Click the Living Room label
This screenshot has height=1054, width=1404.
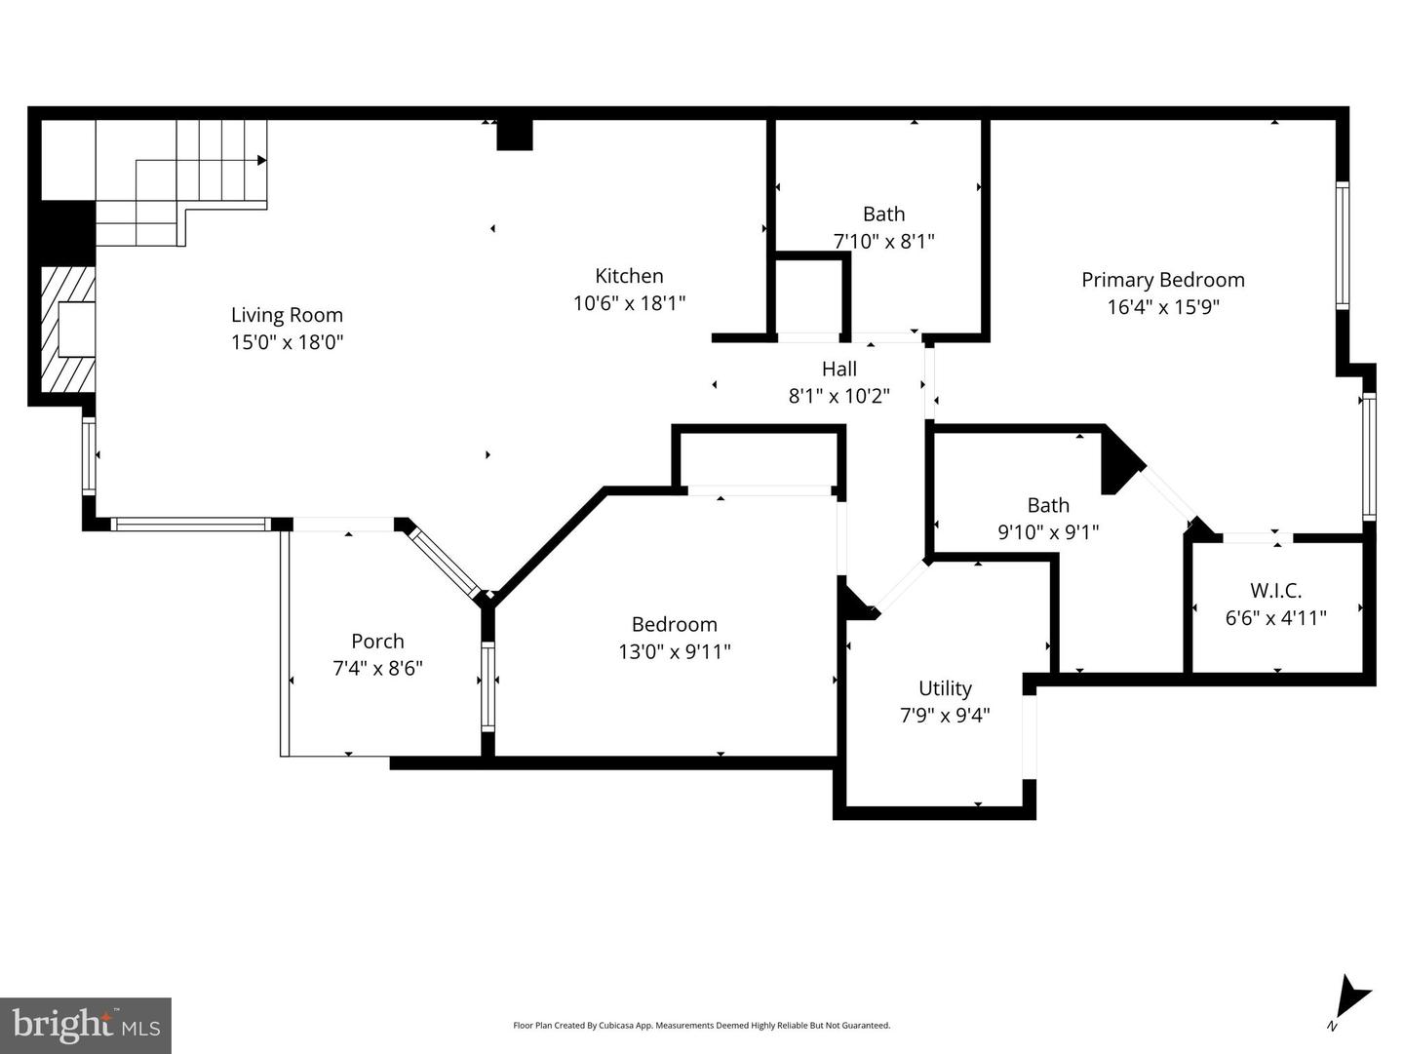[287, 315]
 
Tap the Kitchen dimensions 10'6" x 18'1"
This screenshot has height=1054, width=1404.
[630, 303]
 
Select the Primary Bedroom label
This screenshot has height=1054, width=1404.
[1163, 280]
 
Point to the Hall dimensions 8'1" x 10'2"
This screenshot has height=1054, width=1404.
[839, 397]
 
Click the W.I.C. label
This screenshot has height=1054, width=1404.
[1275, 590]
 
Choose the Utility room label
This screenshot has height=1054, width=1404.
[945, 688]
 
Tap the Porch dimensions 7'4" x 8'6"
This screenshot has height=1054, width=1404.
[377, 669]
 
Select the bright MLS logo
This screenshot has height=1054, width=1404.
[86, 1025]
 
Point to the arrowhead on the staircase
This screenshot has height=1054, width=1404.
[261, 160]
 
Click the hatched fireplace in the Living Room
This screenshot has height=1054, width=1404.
[68, 330]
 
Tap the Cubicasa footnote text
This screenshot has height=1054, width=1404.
[702, 1025]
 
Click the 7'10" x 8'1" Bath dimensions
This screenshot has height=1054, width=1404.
[883, 242]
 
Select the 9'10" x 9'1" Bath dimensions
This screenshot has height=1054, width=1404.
[1048, 532]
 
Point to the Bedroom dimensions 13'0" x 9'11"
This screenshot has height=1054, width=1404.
[674, 651]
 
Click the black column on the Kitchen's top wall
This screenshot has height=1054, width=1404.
[514, 135]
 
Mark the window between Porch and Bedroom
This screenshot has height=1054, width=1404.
[488, 686]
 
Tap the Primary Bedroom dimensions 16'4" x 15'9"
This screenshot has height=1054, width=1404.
[1163, 308]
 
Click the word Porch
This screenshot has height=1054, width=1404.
[377, 641]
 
